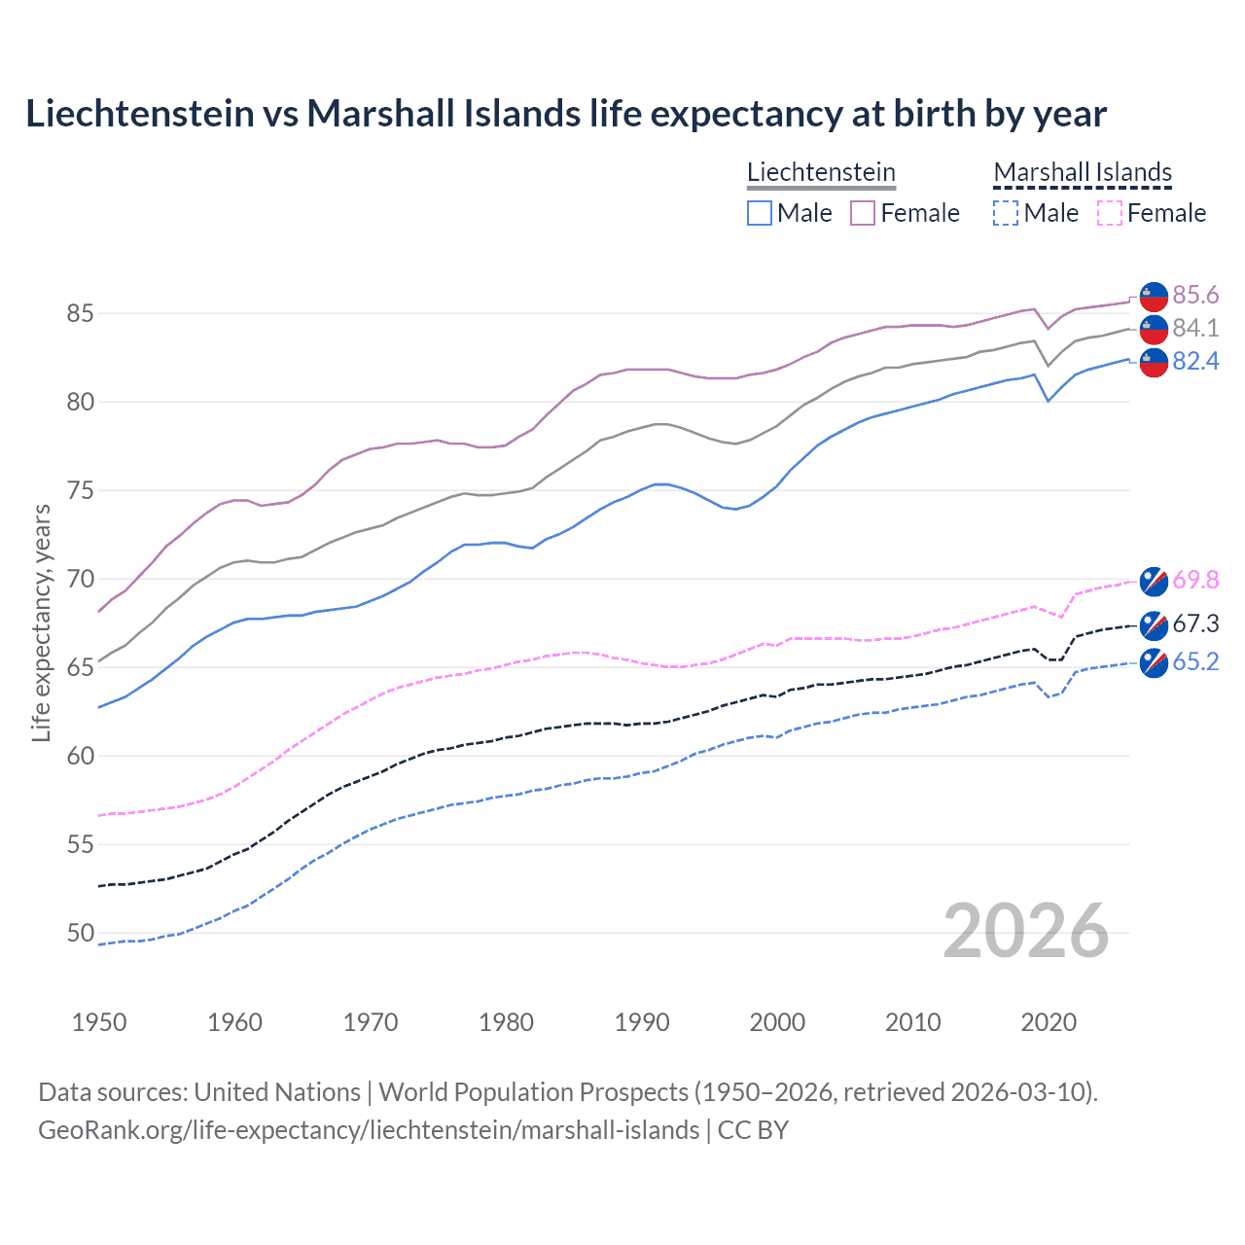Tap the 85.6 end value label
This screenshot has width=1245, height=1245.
(x=1195, y=295)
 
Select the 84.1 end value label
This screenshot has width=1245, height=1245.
(x=1195, y=328)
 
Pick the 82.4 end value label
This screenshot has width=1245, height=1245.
(x=1195, y=361)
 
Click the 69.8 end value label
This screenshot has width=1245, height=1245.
(x=1195, y=580)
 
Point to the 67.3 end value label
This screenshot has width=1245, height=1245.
(x=1195, y=623)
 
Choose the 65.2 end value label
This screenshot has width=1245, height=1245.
(x=1195, y=661)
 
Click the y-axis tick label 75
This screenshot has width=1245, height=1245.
(x=81, y=490)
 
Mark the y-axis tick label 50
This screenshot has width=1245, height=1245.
(x=81, y=933)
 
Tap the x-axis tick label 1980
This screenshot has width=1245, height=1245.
(x=506, y=1022)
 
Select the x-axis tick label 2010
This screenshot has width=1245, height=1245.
(x=912, y=1022)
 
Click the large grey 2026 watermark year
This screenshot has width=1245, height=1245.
(x=1026, y=931)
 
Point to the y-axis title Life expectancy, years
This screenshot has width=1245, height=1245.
(x=41, y=622)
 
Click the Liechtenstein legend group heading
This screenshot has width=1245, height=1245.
(x=821, y=172)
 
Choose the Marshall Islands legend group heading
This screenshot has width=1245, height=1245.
(x=1083, y=172)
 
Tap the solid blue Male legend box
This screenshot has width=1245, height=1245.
(x=760, y=213)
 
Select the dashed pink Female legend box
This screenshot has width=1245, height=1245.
(x=1110, y=213)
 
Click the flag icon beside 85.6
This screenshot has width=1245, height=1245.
(x=1154, y=296)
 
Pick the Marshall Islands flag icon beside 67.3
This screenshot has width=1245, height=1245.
(x=1154, y=624)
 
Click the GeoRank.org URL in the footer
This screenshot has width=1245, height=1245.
(x=369, y=1130)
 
